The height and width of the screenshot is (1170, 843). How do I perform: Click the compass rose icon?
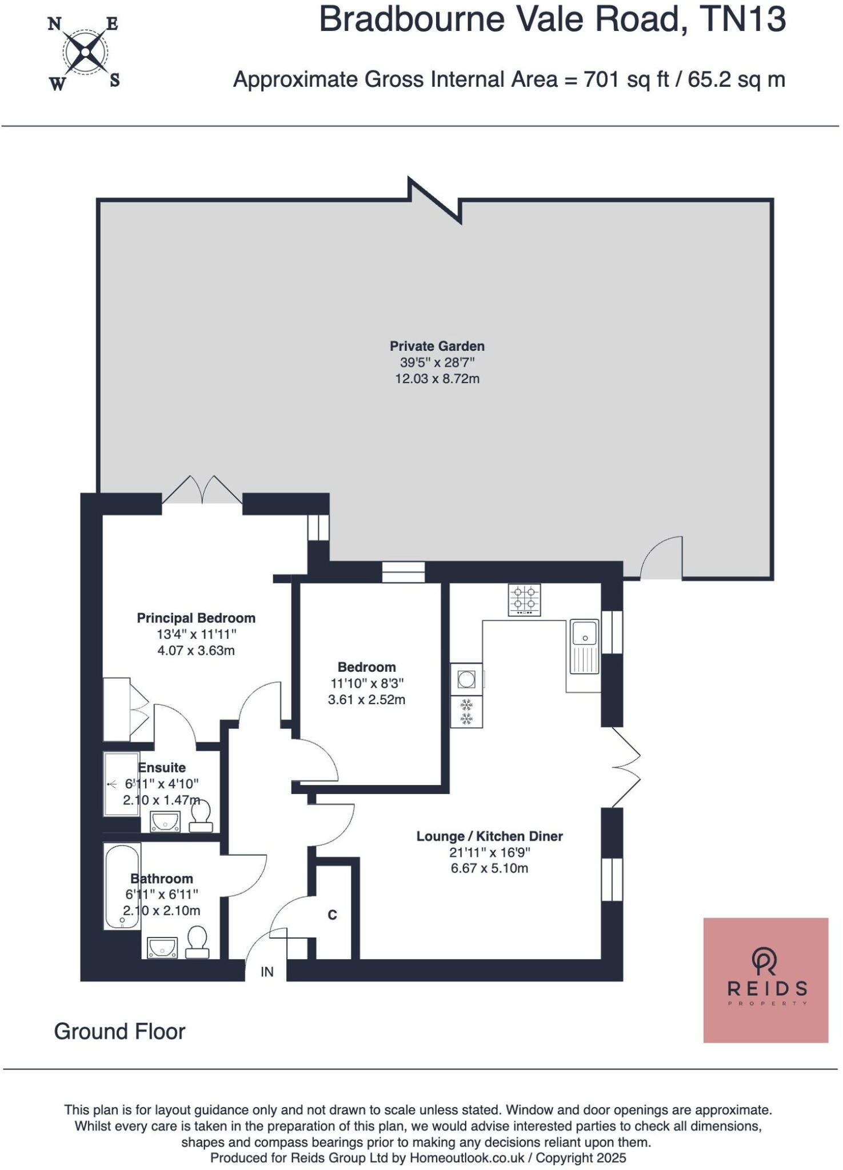(85, 53)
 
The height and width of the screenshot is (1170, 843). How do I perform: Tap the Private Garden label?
(437, 346)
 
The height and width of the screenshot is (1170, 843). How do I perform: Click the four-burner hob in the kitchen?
(524, 599)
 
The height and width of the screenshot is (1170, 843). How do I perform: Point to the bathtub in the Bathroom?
(122, 885)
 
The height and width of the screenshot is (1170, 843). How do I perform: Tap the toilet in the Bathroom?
(197, 942)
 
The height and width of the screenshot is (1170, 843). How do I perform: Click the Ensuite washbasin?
(165, 822)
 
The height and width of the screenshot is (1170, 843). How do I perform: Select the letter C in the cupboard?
(332, 915)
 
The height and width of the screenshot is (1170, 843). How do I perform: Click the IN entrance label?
(267, 972)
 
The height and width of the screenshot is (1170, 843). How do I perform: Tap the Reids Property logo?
(765, 980)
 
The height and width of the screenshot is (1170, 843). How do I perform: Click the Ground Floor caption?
(119, 1032)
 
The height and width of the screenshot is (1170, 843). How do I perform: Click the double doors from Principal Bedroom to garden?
(202, 491)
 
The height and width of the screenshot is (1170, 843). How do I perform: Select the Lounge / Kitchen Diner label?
(489, 836)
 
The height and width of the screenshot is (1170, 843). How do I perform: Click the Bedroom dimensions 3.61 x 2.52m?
(366, 700)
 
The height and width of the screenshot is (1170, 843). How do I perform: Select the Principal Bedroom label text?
(195, 618)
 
